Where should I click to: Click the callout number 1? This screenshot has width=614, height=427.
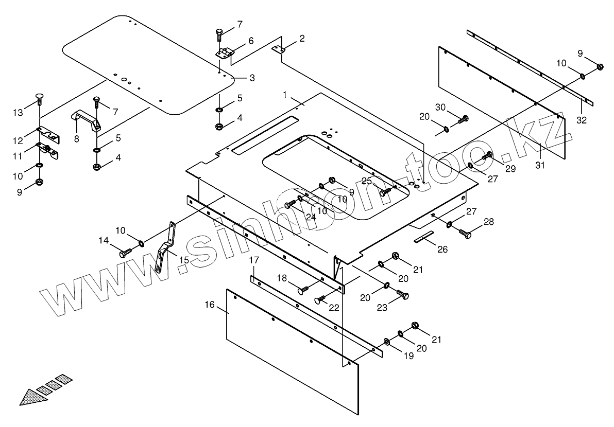(285, 95)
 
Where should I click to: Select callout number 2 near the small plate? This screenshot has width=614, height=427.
(302, 38)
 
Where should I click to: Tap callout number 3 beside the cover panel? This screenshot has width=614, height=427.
(252, 78)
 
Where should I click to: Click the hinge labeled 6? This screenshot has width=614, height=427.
(225, 52)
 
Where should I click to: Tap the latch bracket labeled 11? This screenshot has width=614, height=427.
(48, 150)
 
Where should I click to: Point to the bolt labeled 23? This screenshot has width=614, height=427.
(402, 295)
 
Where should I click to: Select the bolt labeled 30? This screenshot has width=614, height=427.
(463, 119)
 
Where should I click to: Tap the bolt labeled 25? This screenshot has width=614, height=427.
(385, 192)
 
